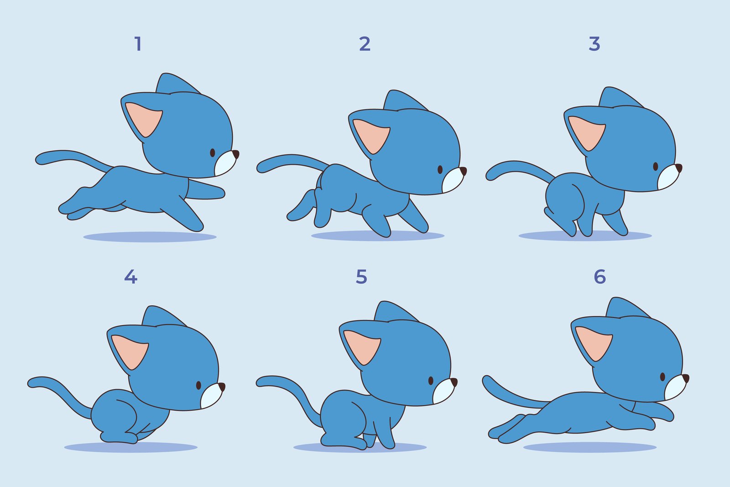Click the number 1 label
pos(138,44)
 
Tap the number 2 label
pos(365,44)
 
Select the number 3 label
pos(594,44)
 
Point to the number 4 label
pos(130,277)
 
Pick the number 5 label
pos(361,277)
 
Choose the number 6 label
pos(600,277)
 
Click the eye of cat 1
pos(213,152)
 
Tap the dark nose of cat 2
pos(463,171)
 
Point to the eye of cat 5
pos(431,381)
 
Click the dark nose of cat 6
pos(685,378)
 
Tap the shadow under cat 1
pos(150,237)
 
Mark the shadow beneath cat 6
pos(589,447)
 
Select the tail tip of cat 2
pos(262,167)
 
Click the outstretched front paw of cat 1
pos(218,192)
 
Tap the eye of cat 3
pos(656,166)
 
